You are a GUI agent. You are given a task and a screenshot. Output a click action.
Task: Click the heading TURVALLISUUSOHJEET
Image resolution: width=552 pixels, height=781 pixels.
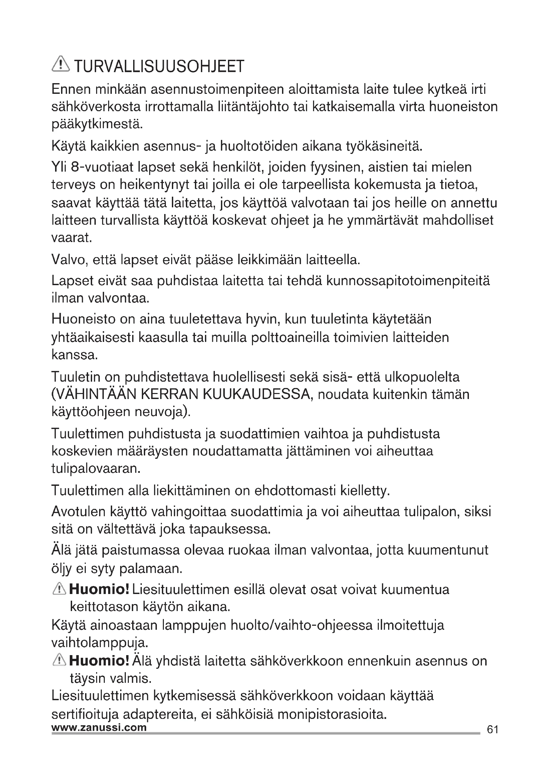159,67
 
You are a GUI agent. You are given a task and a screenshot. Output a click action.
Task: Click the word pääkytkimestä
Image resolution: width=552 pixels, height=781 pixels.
97,125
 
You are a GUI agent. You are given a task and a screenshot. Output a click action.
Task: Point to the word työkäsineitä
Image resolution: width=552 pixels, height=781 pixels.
384,147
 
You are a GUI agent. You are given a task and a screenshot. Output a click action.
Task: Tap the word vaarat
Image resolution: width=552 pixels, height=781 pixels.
72,238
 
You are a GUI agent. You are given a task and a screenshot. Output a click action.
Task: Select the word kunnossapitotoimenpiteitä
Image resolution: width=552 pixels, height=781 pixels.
408,281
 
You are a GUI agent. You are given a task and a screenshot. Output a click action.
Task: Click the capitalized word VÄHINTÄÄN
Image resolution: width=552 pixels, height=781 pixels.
93,395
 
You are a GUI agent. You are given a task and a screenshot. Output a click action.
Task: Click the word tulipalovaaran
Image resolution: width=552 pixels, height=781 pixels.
96,469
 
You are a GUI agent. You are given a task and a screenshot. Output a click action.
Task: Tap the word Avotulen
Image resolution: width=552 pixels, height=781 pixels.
78,512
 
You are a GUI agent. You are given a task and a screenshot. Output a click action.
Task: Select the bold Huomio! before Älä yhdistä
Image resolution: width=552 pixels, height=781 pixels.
99,661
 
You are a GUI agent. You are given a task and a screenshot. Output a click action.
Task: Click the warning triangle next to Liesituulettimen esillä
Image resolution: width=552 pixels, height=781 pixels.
59,589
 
